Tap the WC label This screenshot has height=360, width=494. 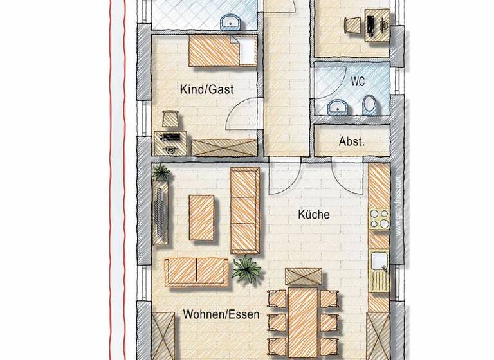pyautogui.click(x=358, y=82)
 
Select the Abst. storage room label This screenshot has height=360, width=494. pyautogui.click(x=352, y=141)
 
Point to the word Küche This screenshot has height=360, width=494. pyautogui.click(x=314, y=215)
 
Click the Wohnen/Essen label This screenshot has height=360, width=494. pyautogui.click(x=221, y=314)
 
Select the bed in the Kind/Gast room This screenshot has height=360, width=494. pyautogui.click(x=222, y=51)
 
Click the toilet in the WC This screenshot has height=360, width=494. pyautogui.click(x=369, y=105)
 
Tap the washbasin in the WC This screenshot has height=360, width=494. pyautogui.click(x=336, y=106)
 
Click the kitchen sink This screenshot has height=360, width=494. pyautogui.click(x=379, y=262)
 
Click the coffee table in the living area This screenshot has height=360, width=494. pyautogui.click(x=201, y=217)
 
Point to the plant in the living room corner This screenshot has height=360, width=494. pyautogui.click(x=161, y=172)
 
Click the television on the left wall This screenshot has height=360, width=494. pyautogui.click(x=161, y=212)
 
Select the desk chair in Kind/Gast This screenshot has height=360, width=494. pyautogui.click(x=170, y=119)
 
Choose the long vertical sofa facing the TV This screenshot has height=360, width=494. pyautogui.click(x=245, y=210)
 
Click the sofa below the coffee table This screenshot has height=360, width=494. pyautogui.click(x=196, y=272)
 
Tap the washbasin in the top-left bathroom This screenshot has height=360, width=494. pyautogui.click(x=229, y=23)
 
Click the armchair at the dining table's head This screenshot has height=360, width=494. pyautogui.click(x=304, y=277)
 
